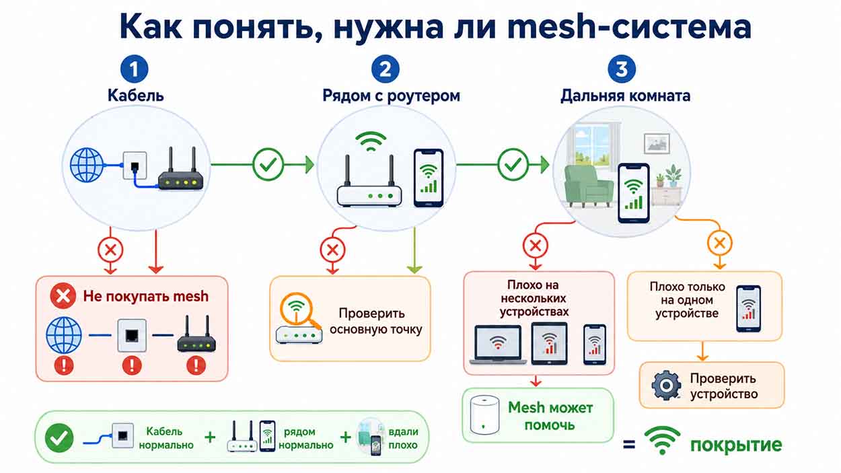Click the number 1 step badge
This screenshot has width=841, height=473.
coord(134,69)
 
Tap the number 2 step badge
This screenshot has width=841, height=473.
coord(386,69)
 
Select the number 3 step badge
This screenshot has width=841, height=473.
coord(622,69)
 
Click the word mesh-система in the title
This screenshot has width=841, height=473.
coord(629,26)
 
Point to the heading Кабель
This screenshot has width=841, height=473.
coord(135,96)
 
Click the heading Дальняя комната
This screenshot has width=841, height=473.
coord(626,96)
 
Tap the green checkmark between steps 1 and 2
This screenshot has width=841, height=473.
coord(268,164)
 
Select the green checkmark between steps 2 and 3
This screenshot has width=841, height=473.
coord(513,164)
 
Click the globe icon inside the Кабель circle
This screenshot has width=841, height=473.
coord(87,165)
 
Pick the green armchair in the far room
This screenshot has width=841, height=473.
coord(588,186)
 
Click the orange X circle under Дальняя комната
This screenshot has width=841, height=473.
coord(719,244)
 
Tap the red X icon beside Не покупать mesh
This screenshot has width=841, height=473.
coord(63,296)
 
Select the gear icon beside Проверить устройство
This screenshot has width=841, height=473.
coord(667,385)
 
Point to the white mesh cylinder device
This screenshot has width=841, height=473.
coord(484,415)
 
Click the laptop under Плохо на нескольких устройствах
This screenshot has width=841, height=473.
coord(498,344)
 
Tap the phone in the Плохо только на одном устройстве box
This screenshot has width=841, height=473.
coord(749,309)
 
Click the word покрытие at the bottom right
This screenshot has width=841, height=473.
coord(736,445)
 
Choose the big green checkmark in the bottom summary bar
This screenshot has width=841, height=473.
coord(59,438)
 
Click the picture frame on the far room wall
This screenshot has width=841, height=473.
coord(657,143)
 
